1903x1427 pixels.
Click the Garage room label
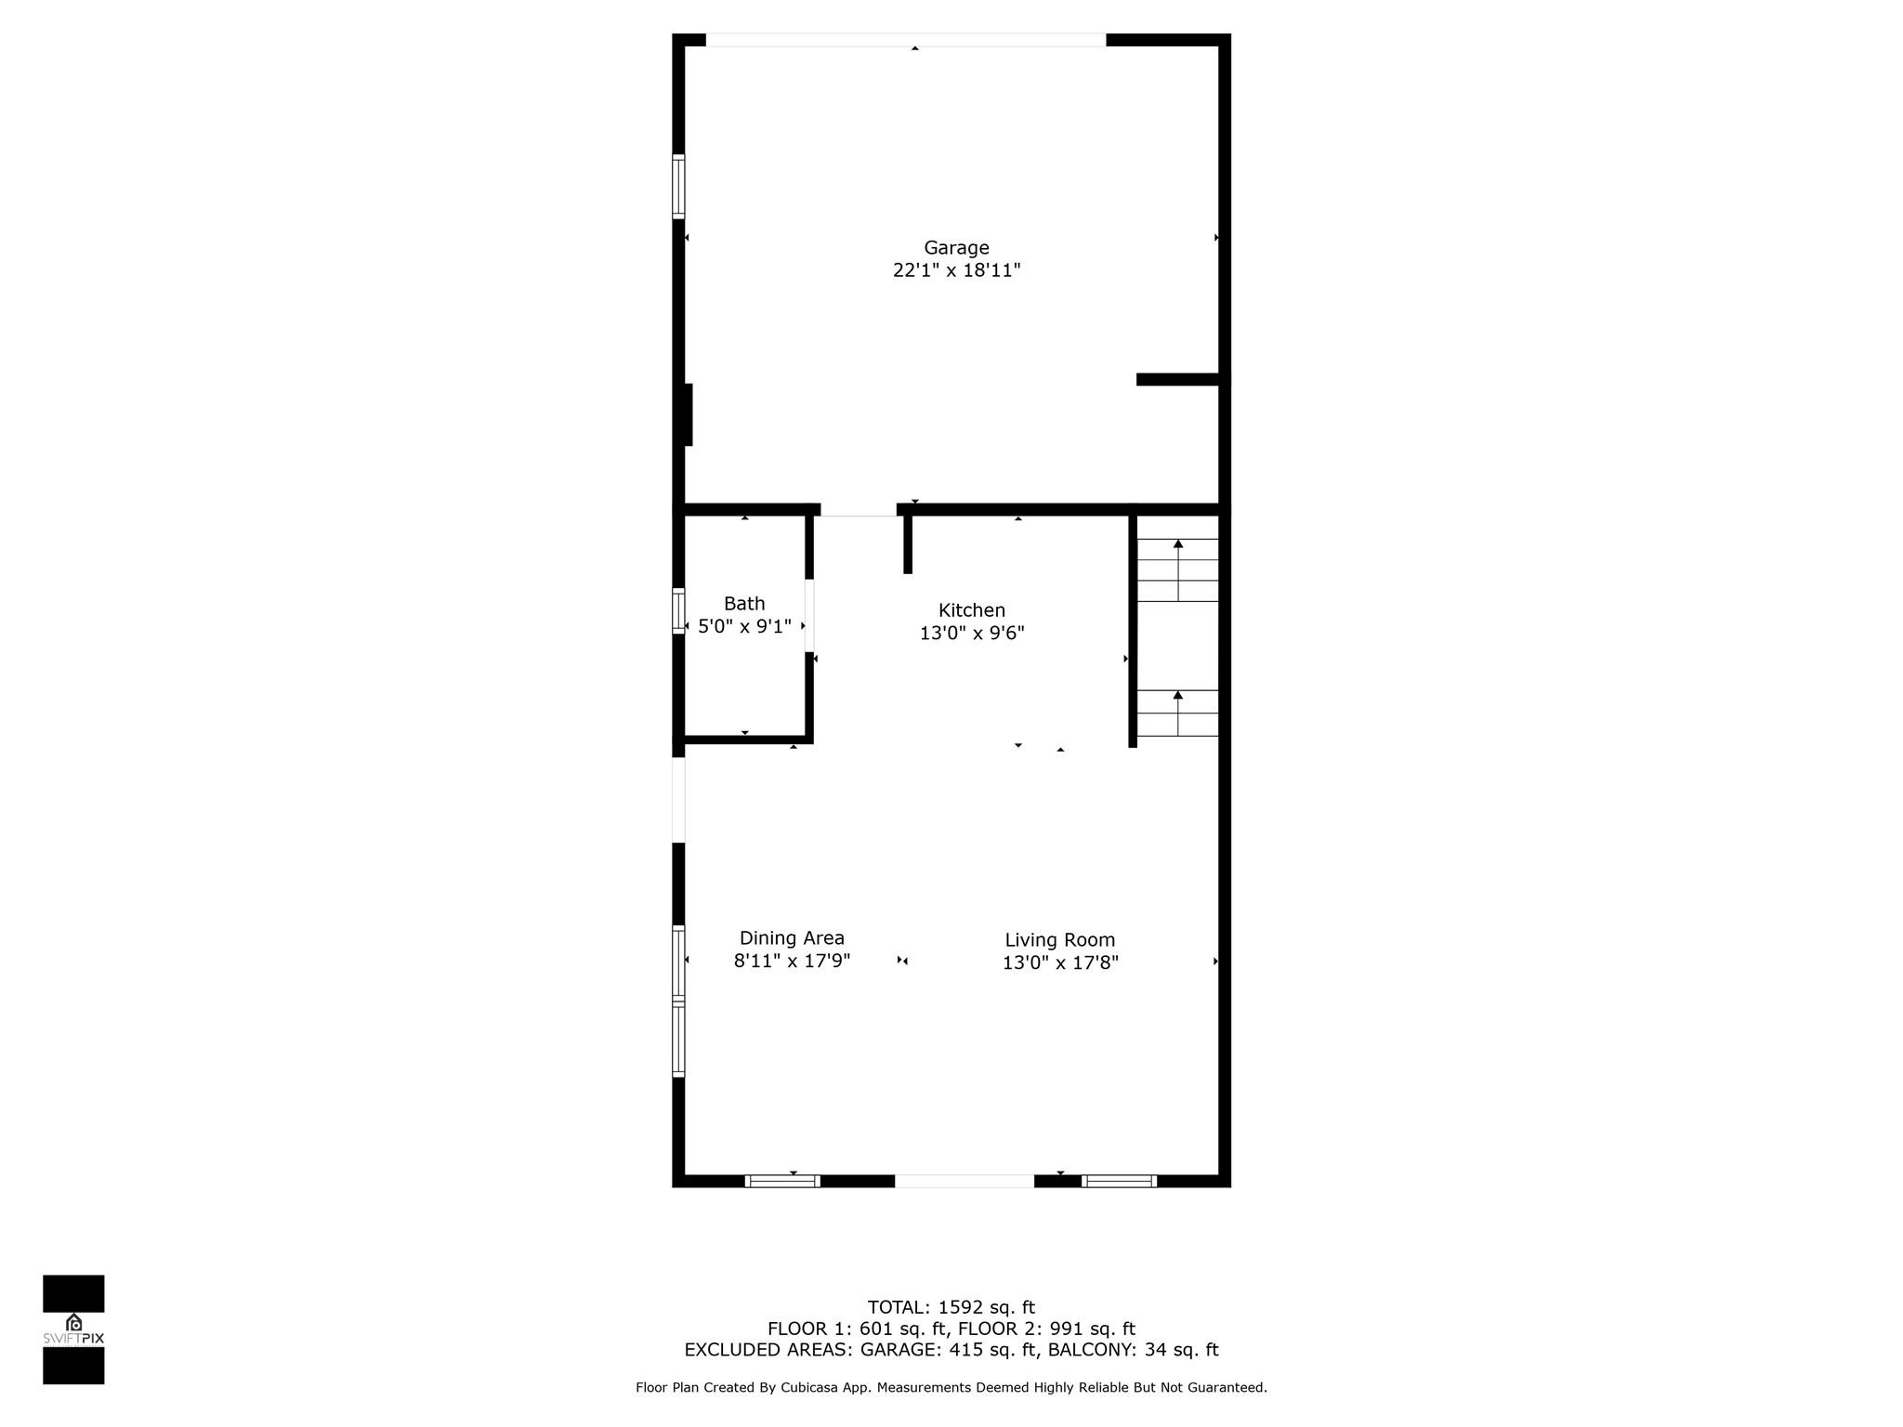coord(956,248)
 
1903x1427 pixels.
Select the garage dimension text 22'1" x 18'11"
coord(956,270)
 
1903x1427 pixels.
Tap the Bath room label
coord(744,604)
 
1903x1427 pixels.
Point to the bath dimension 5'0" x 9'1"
coord(744,626)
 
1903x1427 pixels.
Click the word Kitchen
coord(972,610)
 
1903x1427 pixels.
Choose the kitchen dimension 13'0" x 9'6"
coord(972,633)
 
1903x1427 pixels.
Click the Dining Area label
coord(792,938)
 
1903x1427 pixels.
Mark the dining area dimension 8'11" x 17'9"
coord(792,961)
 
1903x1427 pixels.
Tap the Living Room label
coord(1059,940)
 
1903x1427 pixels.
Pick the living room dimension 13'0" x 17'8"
coord(1059,962)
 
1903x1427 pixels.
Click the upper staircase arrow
coord(1178,569)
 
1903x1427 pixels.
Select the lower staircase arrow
coord(1178,713)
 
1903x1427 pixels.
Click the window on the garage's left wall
coord(678,187)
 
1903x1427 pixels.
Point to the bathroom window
coord(678,611)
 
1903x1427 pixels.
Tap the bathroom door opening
coord(809,615)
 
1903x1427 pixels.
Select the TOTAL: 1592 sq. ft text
coord(951,1307)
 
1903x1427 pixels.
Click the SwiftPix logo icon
coord(73,1323)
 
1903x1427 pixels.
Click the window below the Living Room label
coord(1119,1181)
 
